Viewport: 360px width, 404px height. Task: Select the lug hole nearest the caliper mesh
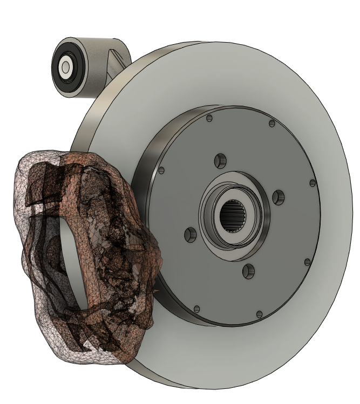click(x=190, y=235)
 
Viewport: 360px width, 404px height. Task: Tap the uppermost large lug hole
click(x=219, y=160)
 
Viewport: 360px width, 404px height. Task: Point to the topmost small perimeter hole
click(x=209, y=118)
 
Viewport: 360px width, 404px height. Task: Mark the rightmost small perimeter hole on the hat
click(x=312, y=183)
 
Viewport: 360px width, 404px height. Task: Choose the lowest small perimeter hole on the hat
click(x=260, y=313)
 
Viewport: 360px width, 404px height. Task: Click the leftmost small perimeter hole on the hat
click(x=161, y=171)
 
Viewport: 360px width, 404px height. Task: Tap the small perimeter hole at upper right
click(x=271, y=124)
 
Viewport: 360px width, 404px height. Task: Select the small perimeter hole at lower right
click(x=307, y=262)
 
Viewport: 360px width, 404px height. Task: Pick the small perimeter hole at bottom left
click(x=197, y=309)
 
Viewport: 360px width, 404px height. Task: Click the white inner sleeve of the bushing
click(x=66, y=67)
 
